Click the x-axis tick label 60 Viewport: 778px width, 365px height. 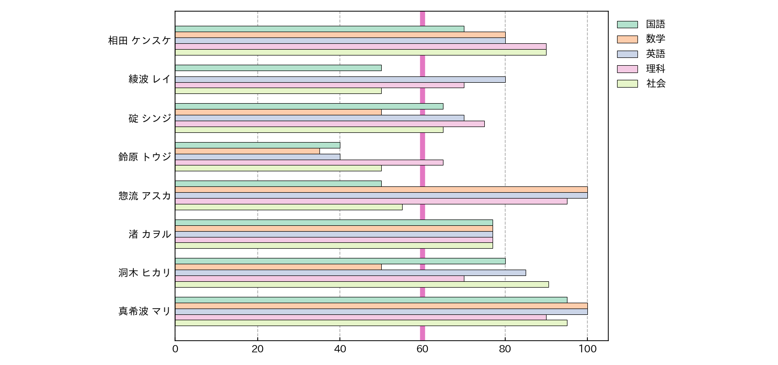(x=422, y=349)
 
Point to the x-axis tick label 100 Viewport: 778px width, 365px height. (x=587, y=349)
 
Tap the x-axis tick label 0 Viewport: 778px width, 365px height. (x=175, y=349)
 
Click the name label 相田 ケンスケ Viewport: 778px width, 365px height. (x=140, y=40)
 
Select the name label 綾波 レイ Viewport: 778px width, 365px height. (x=150, y=79)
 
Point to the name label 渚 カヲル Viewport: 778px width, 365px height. (x=150, y=234)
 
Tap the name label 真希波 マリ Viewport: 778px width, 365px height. (x=145, y=311)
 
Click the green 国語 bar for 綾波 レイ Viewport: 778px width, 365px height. (x=278, y=68)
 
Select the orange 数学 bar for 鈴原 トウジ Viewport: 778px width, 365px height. (x=247, y=151)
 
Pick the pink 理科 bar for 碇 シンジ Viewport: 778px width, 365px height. (x=330, y=124)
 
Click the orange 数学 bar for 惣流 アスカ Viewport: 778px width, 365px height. (x=381, y=189)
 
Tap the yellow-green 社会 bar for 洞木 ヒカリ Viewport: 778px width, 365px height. (x=362, y=284)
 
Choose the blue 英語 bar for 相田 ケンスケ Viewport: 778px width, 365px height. (x=340, y=40)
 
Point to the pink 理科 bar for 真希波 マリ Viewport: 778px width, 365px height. (x=360, y=317)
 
